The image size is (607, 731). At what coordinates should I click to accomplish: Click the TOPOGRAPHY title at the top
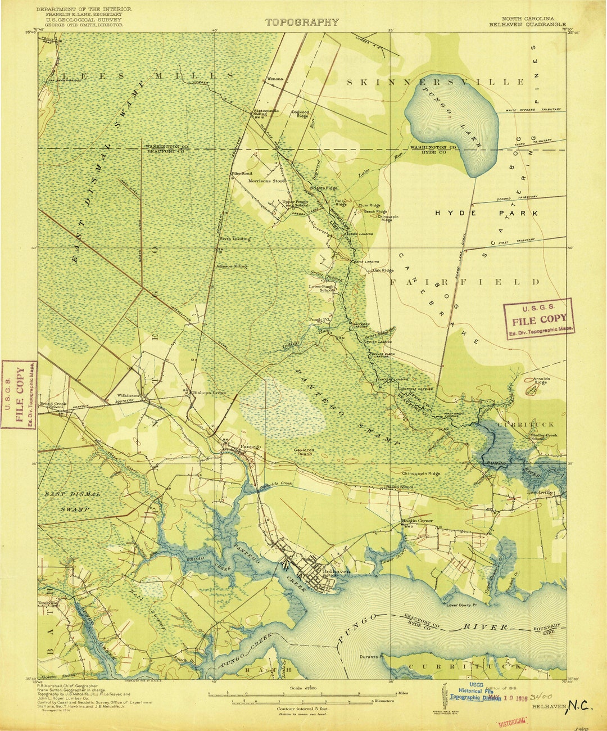coord(302,22)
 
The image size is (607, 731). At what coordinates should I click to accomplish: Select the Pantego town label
coord(251,447)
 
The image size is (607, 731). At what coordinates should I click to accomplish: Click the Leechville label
coord(541,493)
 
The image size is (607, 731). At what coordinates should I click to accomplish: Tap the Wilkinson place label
coord(128,396)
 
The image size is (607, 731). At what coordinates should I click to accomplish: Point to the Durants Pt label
coord(371,656)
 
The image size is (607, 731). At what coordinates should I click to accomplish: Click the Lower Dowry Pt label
coord(461,606)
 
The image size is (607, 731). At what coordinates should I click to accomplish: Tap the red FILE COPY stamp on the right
coord(539,319)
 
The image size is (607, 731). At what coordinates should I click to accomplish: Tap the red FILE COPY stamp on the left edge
coord(19,394)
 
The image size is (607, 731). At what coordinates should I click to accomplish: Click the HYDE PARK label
coord(487,214)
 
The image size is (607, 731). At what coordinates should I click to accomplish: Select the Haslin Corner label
coord(416,521)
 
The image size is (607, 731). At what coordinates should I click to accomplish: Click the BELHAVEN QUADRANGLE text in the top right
coord(527,25)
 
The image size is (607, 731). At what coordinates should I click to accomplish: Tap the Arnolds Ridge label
coord(542,381)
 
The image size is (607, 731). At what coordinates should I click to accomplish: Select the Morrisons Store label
coord(271,181)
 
